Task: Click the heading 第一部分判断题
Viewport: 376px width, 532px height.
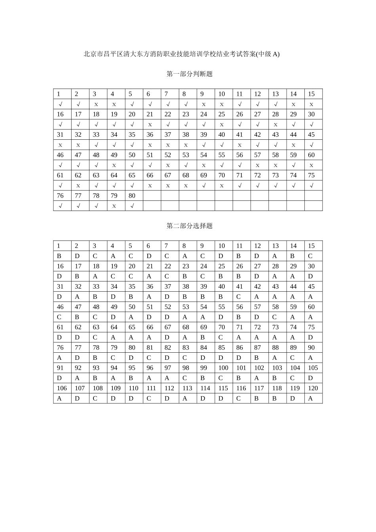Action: click(190, 74)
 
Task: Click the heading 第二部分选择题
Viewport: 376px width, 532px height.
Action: click(190, 226)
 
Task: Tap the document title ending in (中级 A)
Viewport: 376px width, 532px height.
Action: click(181, 54)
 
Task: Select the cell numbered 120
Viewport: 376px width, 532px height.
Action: click(313, 388)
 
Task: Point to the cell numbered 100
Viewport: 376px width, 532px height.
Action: click(223, 368)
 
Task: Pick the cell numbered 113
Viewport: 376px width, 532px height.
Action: click(187, 388)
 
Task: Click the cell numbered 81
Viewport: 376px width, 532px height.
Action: click(150, 348)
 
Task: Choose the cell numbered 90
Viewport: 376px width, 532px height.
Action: click(311, 348)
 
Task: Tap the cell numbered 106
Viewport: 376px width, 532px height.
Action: click(62, 388)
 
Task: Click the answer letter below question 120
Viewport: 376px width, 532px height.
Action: click(311, 399)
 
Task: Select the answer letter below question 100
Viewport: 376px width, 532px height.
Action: click(220, 378)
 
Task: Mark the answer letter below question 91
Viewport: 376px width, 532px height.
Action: click(59, 378)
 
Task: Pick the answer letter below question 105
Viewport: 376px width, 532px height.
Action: click(311, 378)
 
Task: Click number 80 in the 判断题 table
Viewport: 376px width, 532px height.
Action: click(132, 196)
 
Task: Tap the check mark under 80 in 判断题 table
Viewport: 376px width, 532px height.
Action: click(132, 206)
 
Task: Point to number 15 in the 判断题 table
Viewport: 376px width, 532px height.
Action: click(311, 94)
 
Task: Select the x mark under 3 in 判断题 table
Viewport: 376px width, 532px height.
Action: click(96, 104)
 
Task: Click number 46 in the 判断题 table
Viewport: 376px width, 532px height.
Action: click(60, 155)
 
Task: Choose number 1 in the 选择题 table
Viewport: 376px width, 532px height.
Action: click(59, 246)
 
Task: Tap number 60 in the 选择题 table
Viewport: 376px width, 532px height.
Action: click(311, 307)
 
